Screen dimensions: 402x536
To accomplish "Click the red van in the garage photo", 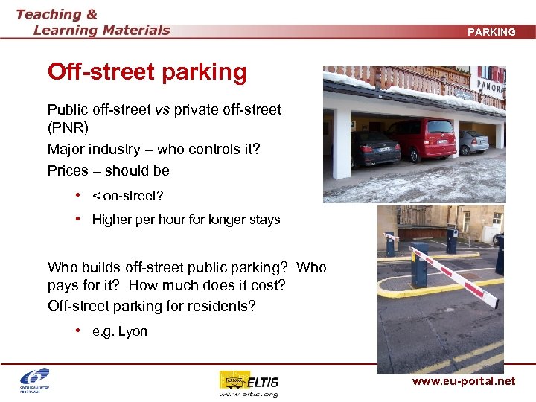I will coord(421,139).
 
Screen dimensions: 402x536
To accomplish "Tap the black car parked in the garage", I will coord(375,149).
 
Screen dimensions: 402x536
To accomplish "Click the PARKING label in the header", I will coord(491,32).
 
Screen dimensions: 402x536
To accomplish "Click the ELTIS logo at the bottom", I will coord(250,381).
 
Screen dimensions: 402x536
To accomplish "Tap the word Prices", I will coord(68,170).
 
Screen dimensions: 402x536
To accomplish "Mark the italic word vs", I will coord(162,109).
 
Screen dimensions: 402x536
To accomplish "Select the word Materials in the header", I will coord(134,31).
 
